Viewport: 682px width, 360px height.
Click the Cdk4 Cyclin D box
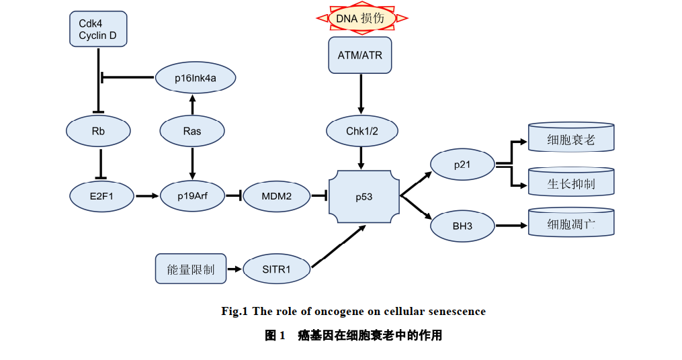(97, 29)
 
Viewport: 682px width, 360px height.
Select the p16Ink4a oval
(195, 79)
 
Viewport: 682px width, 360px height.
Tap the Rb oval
(98, 131)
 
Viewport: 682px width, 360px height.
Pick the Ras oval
(192, 131)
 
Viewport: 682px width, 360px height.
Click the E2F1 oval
(101, 196)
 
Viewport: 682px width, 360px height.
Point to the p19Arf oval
(192, 196)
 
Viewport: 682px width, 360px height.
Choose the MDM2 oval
(277, 196)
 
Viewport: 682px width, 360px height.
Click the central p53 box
(364, 197)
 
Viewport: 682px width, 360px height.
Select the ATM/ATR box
(360, 55)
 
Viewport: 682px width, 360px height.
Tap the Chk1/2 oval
(362, 131)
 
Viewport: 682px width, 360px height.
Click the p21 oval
(462, 165)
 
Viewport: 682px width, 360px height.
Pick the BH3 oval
(462, 226)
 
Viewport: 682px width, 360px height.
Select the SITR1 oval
(277, 269)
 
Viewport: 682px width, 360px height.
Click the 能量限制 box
(191, 269)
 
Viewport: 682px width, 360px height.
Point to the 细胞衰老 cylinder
(571, 138)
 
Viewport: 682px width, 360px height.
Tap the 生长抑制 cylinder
(571, 183)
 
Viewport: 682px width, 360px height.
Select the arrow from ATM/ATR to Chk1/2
(361, 94)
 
